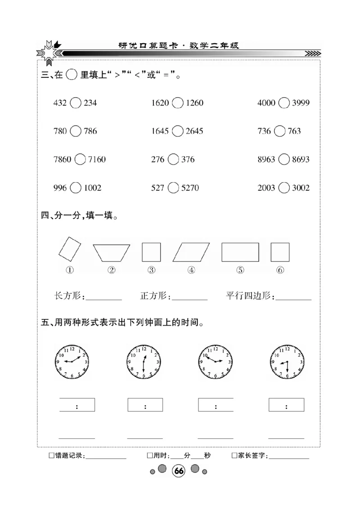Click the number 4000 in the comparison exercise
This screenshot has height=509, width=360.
(x=266, y=103)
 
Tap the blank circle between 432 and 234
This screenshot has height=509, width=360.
(x=76, y=103)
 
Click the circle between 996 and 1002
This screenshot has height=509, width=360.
(x=76, y=188)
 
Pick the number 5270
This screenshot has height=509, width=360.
(x=190, y=188)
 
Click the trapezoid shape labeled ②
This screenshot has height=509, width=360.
(x=112, y=253)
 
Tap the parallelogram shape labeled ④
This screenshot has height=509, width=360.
(x=191, y=252)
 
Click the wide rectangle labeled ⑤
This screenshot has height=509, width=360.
(x=240, y=252)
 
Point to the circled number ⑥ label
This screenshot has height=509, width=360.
(x=280, y=270)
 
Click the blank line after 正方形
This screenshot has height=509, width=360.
(x=189, y=297)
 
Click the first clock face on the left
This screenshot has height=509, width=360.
(x=72, y=362)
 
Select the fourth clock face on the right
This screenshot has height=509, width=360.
(x=287, y=362)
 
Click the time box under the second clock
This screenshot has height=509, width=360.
(x=145, y=405)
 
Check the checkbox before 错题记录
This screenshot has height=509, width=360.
(x=51, y=455)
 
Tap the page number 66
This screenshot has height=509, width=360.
(x=179, y=471)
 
